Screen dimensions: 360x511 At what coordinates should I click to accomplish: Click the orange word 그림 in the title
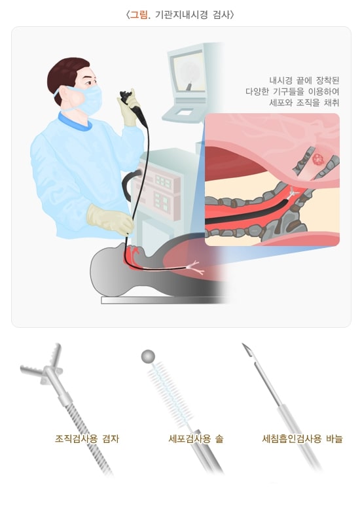(139, 14)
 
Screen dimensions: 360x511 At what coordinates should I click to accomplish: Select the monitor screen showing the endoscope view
(189, 73)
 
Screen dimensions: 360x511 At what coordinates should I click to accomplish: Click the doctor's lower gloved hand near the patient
(110, 219)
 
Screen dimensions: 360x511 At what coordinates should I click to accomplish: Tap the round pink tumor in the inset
(317, 160)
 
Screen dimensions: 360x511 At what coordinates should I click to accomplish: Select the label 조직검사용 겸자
(87, 438)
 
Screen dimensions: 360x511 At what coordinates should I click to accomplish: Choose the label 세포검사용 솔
(196, 438)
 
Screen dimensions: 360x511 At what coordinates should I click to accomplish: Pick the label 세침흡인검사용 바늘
(302, 438)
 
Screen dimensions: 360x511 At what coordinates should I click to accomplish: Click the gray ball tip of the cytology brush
(148, 357)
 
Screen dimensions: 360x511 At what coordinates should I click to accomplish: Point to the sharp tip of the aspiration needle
(243, 344)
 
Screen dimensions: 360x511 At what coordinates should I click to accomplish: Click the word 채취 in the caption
(331, 102)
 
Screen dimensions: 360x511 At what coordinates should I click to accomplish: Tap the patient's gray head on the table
(107, 270)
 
